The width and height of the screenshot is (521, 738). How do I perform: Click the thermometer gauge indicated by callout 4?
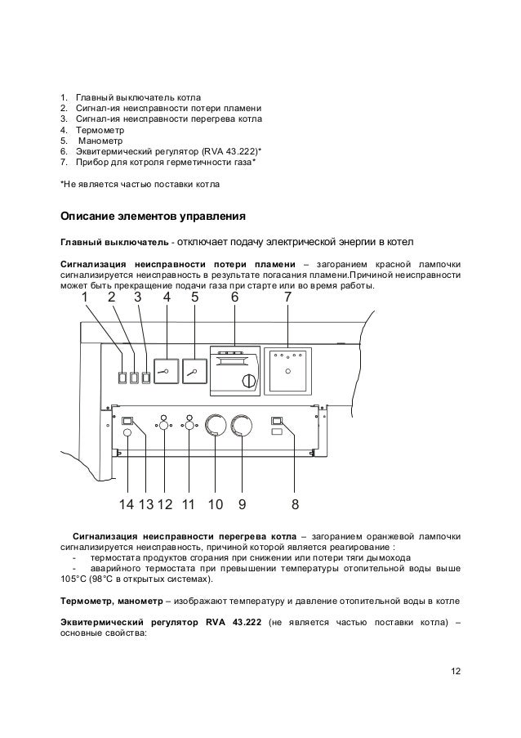pyautogui.click(x=167, y=371)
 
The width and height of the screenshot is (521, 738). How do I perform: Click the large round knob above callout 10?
pyautogui.click(x=216, y=426)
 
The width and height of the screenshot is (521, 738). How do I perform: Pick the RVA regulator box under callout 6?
pyautogui.click(x=234, y=370)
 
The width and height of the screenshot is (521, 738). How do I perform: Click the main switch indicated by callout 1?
pyautogui.click(x=122, y=378)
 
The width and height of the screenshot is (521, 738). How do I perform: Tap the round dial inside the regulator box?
pyautogui.click(x=244, y=381)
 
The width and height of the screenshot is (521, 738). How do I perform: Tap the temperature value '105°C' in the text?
pyautogui.click(x=76, y=580)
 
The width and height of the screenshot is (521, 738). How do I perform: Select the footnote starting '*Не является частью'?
pyautogui.click(x=140, y=184)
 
